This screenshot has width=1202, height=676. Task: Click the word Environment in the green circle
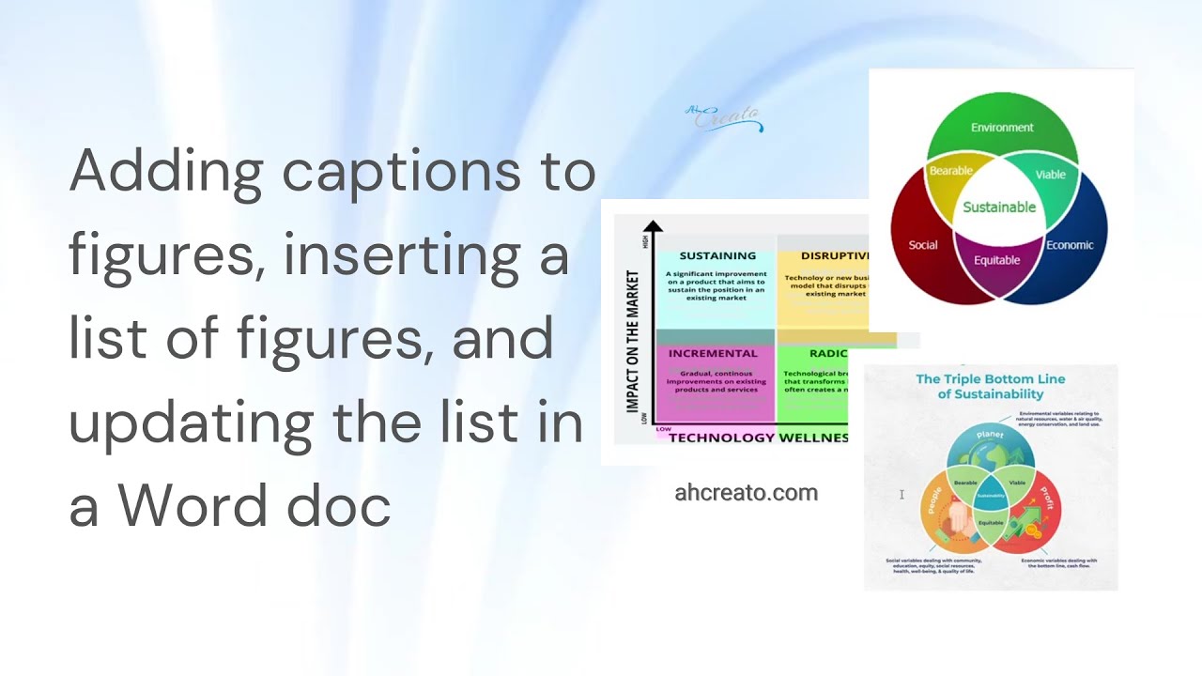point(1002,128)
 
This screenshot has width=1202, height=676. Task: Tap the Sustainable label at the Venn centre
point(999,207)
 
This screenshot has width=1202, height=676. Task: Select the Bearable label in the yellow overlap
point(950,171)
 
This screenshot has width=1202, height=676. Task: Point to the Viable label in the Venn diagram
point(1050,175)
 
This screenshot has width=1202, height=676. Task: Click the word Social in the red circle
point(923,245)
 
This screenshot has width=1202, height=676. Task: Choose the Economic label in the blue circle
point(1070,245)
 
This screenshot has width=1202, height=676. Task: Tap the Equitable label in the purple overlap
point(996,260)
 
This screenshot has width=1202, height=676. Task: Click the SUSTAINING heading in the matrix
point(717,255)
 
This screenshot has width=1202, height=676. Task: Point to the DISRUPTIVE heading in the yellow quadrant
point(834,255)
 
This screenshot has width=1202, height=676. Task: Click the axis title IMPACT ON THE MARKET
point(632,342)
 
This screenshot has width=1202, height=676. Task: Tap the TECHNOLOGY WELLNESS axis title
point(758,438)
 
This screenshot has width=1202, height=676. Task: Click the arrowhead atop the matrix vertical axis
point(654,225)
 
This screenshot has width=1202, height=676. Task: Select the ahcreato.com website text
point(746,493)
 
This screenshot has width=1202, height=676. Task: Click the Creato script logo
point(725,118)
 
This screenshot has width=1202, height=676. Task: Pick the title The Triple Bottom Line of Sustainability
point(990,387)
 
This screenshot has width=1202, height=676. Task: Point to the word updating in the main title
point(191,424)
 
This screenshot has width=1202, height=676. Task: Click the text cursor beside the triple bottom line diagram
point(901,494)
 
